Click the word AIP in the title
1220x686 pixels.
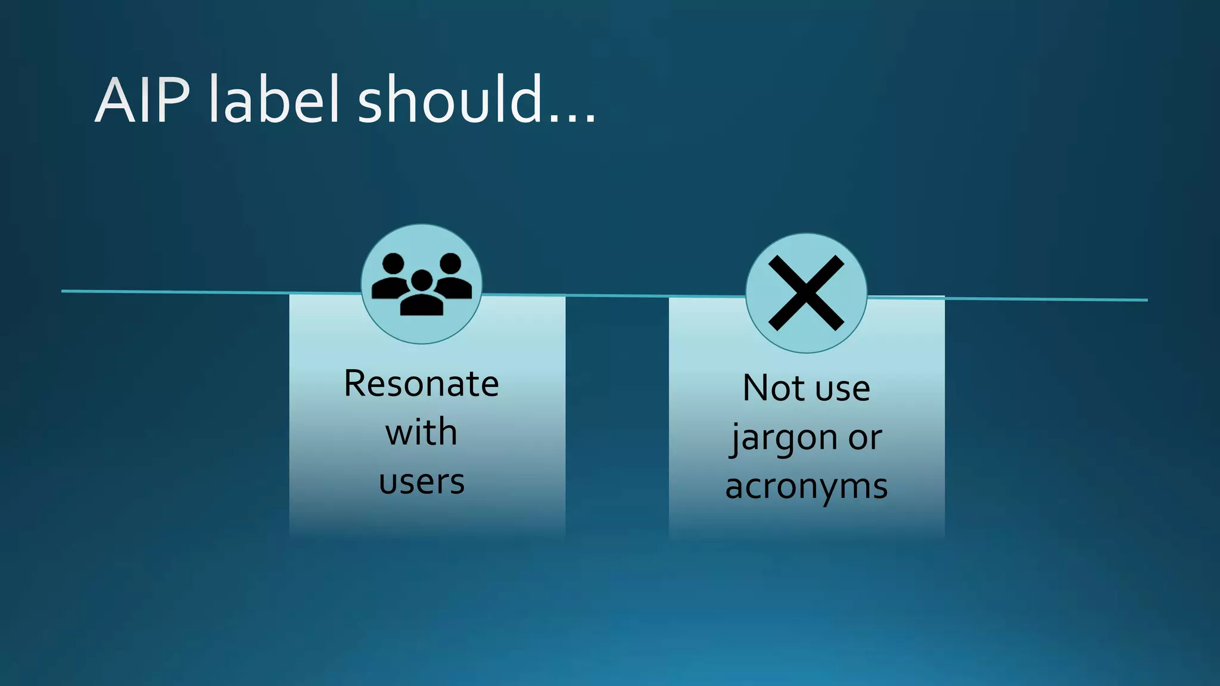tap(143, 100)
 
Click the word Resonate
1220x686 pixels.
tap(421, 384)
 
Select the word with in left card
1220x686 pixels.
tap(421, 432)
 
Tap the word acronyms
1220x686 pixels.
tap(806, 487)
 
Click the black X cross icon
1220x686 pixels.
tap(806, 293)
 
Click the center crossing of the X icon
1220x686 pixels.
tap(806, 293)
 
